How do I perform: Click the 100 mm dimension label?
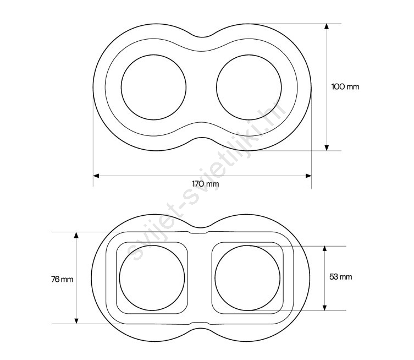pyautogui.click(x=345, y=86)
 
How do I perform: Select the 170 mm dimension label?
pyautogui.click(x=206, y=184)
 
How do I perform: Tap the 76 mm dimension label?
pyautogui.click(x=62, y=279)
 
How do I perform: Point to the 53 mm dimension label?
pyautogui.click(x=340, y=277)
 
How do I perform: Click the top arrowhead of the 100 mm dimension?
pyautogui.click(x=327, y=26)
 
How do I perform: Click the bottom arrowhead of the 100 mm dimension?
pyautogui.click(x=327, y=148)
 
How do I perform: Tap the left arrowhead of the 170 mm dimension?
pyautogui.click(x=96, y=176)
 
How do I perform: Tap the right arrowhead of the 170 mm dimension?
pyautogui.click(x=308, y=176)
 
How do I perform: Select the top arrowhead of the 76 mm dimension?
pyautogui.click(x=76, y=235)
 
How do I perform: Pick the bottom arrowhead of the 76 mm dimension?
pyautogui.click(x=76, y=321)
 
